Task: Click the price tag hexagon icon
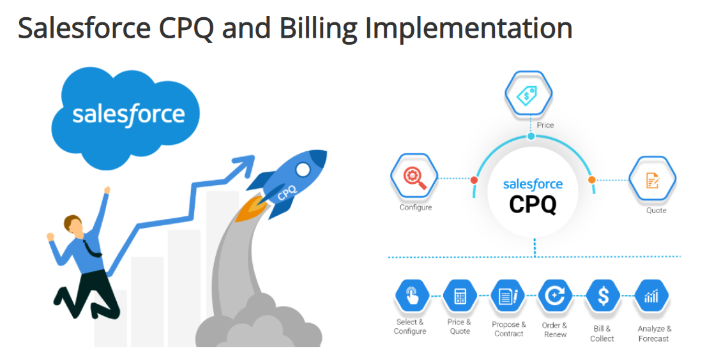[x=530, y=95]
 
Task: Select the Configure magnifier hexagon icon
[x=414, y=176]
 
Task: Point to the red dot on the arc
[x=474, y=180]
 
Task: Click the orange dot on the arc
[x=591, y=179]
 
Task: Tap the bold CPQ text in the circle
[x=533, y=205]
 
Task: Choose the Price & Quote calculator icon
[x=459, y=296]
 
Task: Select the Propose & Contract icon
[x=508, y=296]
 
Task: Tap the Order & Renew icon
[x=554, y=296]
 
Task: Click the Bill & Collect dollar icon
[x=603, y=296]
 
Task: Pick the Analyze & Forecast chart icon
[x=652, y=296]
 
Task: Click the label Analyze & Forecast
[x=654, y=334]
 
